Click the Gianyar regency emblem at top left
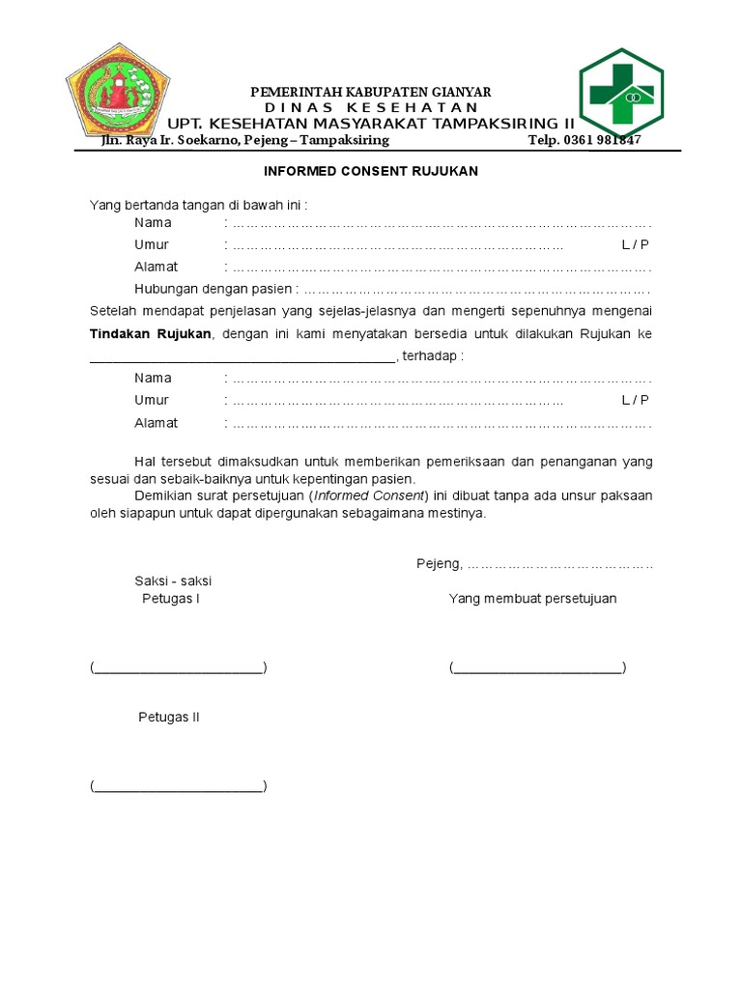pos(121,92)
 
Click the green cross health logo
pos(621,94)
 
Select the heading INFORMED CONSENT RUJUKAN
pos(372,171)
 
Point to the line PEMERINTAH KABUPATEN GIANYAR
pos(371,92)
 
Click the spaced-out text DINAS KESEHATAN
pos(371,107)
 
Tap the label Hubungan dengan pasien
pos(213,289)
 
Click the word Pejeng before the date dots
pos(439,564)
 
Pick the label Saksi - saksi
pos(173,581)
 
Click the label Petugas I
pos(171,599)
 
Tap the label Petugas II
pos(169,718)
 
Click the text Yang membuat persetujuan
pos(532,599)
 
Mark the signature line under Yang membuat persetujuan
pos(537,668)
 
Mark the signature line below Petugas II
pos(179,786)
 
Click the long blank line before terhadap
pos(242,357)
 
